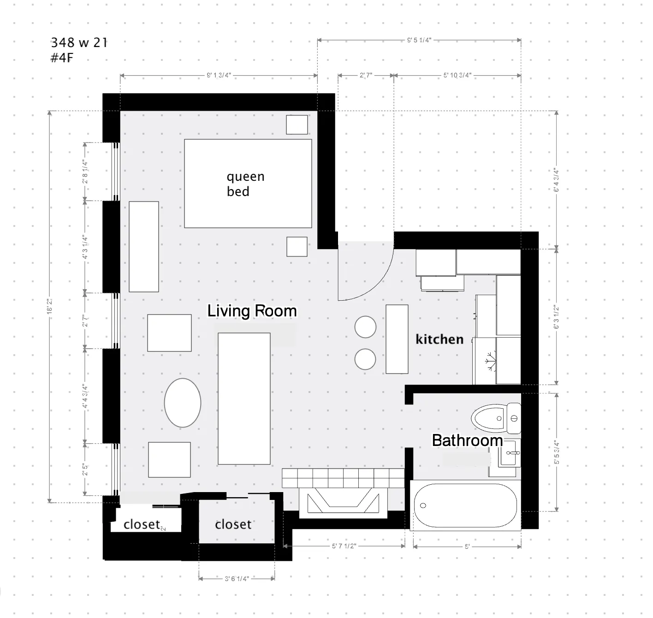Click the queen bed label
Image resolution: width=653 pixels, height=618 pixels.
point(245,184)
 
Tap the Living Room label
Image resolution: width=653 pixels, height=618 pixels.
point(252,311)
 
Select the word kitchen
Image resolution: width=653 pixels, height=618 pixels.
point(439,339)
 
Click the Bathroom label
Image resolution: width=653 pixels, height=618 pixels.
point(467,440)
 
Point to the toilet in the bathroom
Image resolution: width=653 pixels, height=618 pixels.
point(496,418)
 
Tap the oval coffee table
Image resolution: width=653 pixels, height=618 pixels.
point(183,403)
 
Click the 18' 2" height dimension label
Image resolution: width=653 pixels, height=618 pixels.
point(50,306)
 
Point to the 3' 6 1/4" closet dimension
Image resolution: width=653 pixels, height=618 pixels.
point(237,578)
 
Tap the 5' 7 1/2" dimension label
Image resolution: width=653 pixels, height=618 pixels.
point(344,546)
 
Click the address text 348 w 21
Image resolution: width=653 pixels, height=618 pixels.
point(79,42)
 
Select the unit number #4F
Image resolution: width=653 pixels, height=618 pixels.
point(62,58)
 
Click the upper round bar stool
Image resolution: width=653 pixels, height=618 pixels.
point(365,327)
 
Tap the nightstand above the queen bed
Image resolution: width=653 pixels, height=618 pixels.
point(297,125)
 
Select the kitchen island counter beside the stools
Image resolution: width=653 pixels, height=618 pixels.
point(397,339)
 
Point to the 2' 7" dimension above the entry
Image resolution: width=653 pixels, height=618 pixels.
point(366,75)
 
